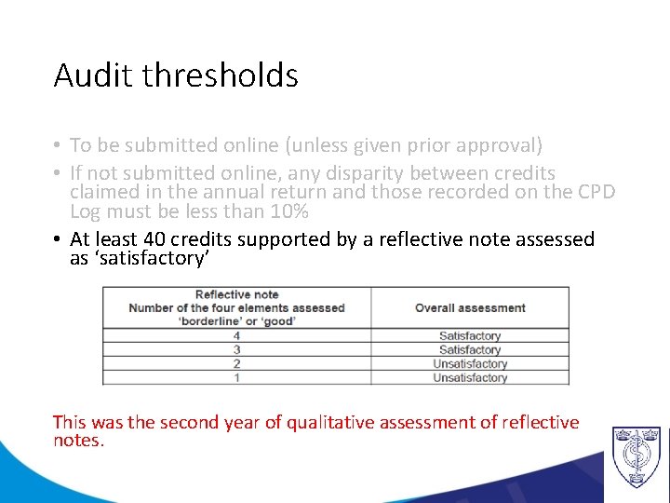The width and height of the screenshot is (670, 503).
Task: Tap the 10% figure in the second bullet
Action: (x=288, y=211)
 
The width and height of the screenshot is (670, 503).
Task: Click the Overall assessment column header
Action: (x=470, y=308)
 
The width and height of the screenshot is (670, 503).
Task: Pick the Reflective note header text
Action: (x=236, y=295)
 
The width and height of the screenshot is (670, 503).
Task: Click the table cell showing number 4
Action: (x=236, y=335)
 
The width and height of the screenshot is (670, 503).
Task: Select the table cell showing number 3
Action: (x=236, y=349)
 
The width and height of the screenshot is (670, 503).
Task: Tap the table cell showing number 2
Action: (x=236, y=363)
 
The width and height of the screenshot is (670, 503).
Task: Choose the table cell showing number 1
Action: (x=236, y=377)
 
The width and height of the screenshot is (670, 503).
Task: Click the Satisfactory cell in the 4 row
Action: (x=470, y=335)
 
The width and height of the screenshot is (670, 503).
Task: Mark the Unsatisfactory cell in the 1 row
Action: (x=470, y=377)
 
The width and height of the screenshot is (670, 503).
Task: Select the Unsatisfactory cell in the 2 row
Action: (x=470, y=363)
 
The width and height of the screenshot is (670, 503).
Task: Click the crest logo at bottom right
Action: (x=636, y=456)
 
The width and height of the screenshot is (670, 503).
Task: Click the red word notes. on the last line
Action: (x=79, y=440)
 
